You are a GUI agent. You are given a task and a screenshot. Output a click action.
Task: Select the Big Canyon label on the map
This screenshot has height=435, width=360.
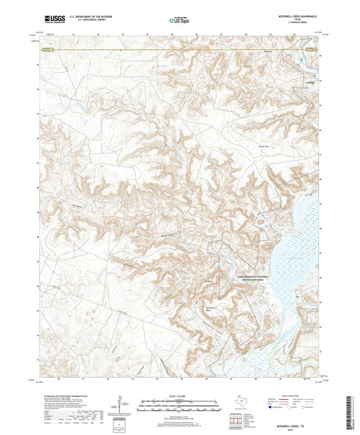pyautogui.click(x=170, y=235)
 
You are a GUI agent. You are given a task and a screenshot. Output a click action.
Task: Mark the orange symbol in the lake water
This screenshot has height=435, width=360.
pyautogui.click(x=297, y=295)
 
